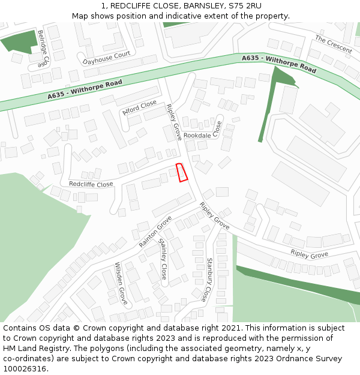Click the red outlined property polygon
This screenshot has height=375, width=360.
pyautogui.click(x=182, y=172)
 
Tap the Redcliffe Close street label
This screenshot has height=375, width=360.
pyautogui.click(x=91, y=184)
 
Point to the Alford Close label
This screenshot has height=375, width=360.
pyautogui.click(x=139, y=107)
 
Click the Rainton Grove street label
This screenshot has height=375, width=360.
pyautogui.click(x=155, y=232)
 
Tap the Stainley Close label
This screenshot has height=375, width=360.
pyautogui.click(x=163, y=259)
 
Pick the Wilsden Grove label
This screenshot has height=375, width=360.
pyautogui.click(x=121, y=283)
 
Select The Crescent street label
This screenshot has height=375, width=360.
pyautogui.click(x=334, y=44)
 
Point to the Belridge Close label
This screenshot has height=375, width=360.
pyautogui.click(x=41, y=48)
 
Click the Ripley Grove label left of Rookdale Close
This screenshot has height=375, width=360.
pyautogui.click(x=174, y=122)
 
